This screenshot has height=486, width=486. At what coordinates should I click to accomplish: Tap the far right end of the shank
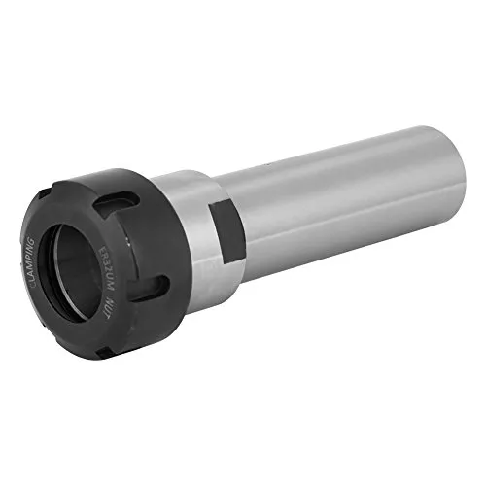pos(449,156)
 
